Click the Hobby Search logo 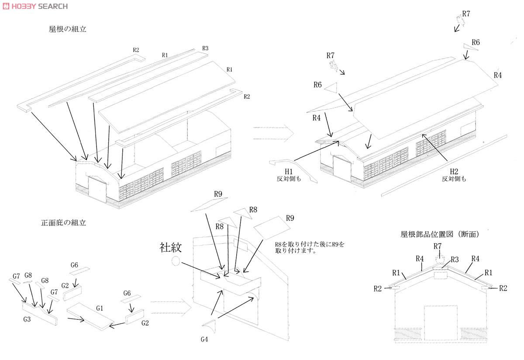[35, 6]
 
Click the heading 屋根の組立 [68, 29]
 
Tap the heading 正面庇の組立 [63, 223]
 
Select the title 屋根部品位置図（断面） [440, 234]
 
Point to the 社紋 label [171, 247]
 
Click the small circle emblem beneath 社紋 [176, 261]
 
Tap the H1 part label [289, 172]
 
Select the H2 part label [454, 172]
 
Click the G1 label [100, 308]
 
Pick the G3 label [27, 319]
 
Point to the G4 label [204, 339]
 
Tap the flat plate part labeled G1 [90, 316]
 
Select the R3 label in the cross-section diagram [455, 260]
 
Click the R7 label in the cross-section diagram [438, 246]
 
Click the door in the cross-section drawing [441, 323]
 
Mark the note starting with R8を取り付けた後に [310, 248]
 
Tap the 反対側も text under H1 [289, 179]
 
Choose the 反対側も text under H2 [454, 179]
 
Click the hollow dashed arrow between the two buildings [273, 133]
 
